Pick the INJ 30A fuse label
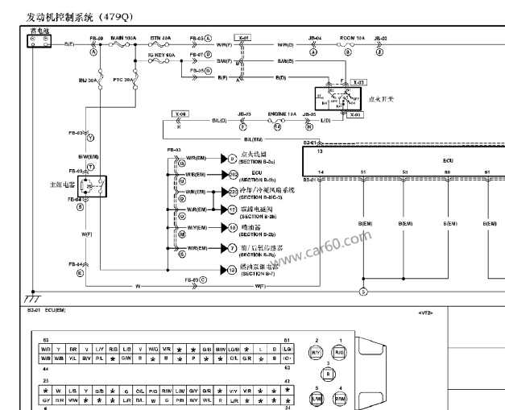point(89,81)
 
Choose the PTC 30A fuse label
point(124,81)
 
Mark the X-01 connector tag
point(242,38)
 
